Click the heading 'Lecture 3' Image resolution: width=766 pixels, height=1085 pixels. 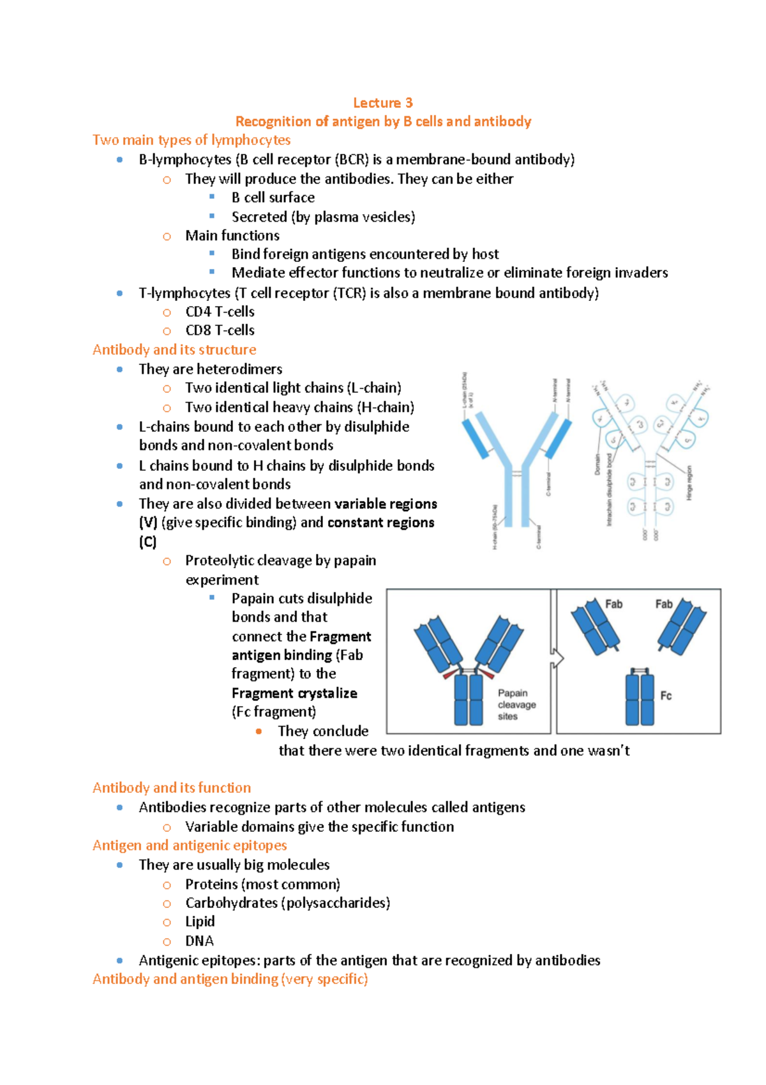click(x=382, y=103)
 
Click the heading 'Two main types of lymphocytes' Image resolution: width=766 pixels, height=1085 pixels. click(x=191, y=140)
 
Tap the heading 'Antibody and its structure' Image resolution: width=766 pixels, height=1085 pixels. click(x=174, y=350)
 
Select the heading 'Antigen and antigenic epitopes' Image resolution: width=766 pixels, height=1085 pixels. click(x=190, y=845)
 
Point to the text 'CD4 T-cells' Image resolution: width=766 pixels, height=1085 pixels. click(x=220, y=312)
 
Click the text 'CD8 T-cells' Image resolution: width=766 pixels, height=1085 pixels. click(x=220, y=330)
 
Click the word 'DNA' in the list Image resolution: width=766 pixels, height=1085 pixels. click(x=199, y=941)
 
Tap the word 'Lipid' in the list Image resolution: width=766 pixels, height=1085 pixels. click(x=200, y=921)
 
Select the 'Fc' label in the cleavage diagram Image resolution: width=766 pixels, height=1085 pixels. click(x=666, y=696)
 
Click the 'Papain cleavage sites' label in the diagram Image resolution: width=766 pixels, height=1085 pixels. click(x=516, y=704)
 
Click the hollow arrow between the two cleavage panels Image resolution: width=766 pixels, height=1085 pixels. click(x=557, y=658)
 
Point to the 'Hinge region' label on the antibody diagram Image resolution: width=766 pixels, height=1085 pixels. click(x=689, y=483)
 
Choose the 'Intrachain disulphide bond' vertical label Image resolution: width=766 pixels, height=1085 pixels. click(x=609, y=489)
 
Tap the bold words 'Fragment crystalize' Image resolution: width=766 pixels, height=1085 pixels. click(x=294, y=693)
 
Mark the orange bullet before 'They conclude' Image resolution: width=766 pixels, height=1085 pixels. click(x=259, y=731)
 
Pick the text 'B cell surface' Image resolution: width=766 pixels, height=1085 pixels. click(x=273, y=197)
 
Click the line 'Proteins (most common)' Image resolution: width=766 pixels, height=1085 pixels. click(x=262, y=884)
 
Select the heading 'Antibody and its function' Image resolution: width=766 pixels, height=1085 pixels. click(x=172, y=788)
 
